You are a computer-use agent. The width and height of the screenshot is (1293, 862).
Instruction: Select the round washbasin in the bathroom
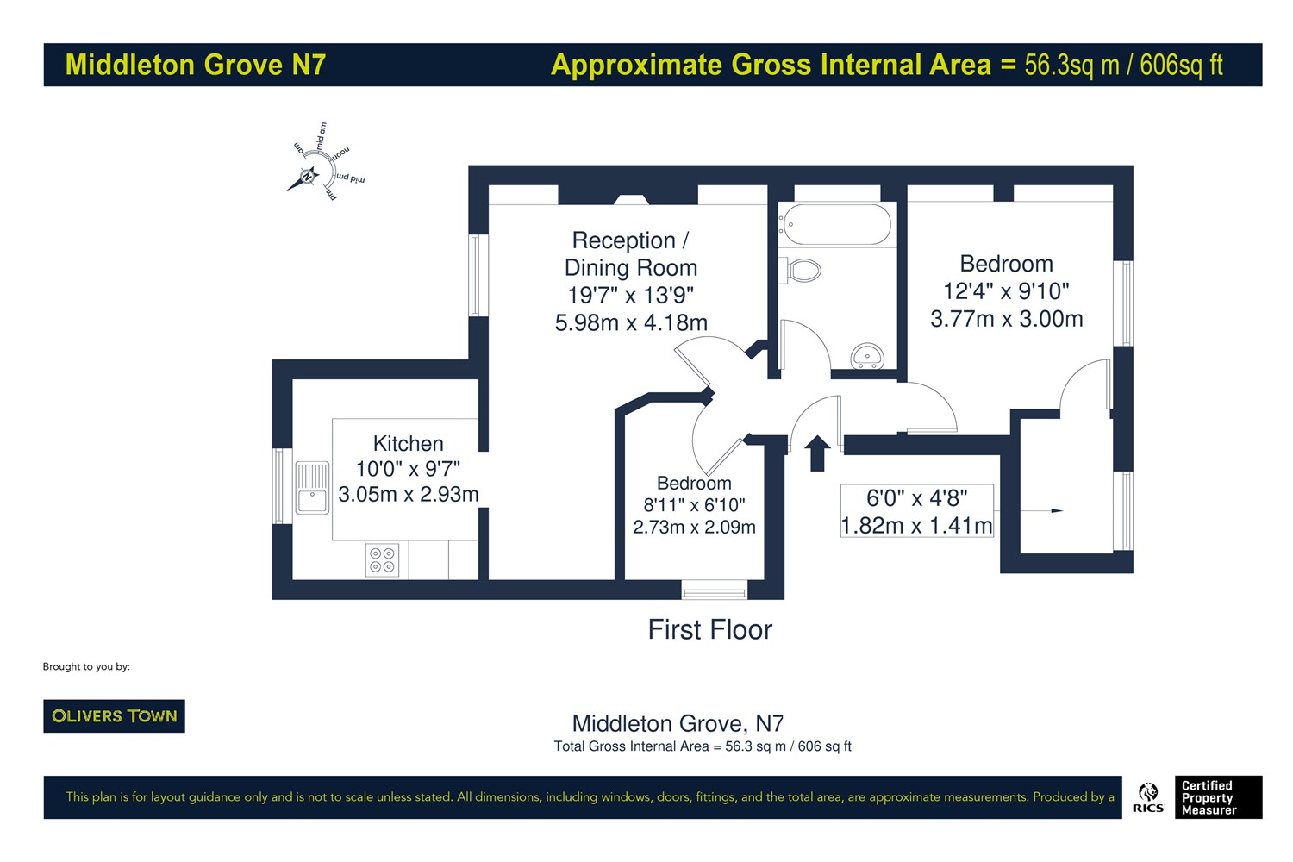point(867,356)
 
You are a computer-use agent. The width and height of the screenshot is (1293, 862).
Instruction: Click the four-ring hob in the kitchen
point(382,559)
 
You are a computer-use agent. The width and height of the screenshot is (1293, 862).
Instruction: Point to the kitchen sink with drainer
point(312,488)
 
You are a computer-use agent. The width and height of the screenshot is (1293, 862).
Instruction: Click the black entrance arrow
point(817,453)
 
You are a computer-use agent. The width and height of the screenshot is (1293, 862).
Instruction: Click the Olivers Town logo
point(115,716)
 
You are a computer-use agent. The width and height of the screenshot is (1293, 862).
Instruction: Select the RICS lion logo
point(1148,797)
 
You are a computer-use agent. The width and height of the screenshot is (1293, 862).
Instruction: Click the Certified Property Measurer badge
point(1219,797)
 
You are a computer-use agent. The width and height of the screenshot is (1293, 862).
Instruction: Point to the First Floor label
point(710,630)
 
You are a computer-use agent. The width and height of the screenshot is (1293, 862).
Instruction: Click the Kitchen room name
point(408,443)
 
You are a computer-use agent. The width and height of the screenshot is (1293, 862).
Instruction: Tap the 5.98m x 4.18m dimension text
point(631,322)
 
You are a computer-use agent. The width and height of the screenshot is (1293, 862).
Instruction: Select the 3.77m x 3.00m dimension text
point(1007,319)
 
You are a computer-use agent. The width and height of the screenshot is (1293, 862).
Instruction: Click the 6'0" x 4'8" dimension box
point(916,511)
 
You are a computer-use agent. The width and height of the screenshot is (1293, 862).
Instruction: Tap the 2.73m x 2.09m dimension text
point(695,527)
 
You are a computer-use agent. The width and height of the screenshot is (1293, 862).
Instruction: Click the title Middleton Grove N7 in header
point(196,65)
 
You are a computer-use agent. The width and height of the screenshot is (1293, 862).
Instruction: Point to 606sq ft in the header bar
point(1181,65)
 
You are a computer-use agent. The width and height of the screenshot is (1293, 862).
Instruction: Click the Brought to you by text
point(86,667)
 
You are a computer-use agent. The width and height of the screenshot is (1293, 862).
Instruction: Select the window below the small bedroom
point(714,590)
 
